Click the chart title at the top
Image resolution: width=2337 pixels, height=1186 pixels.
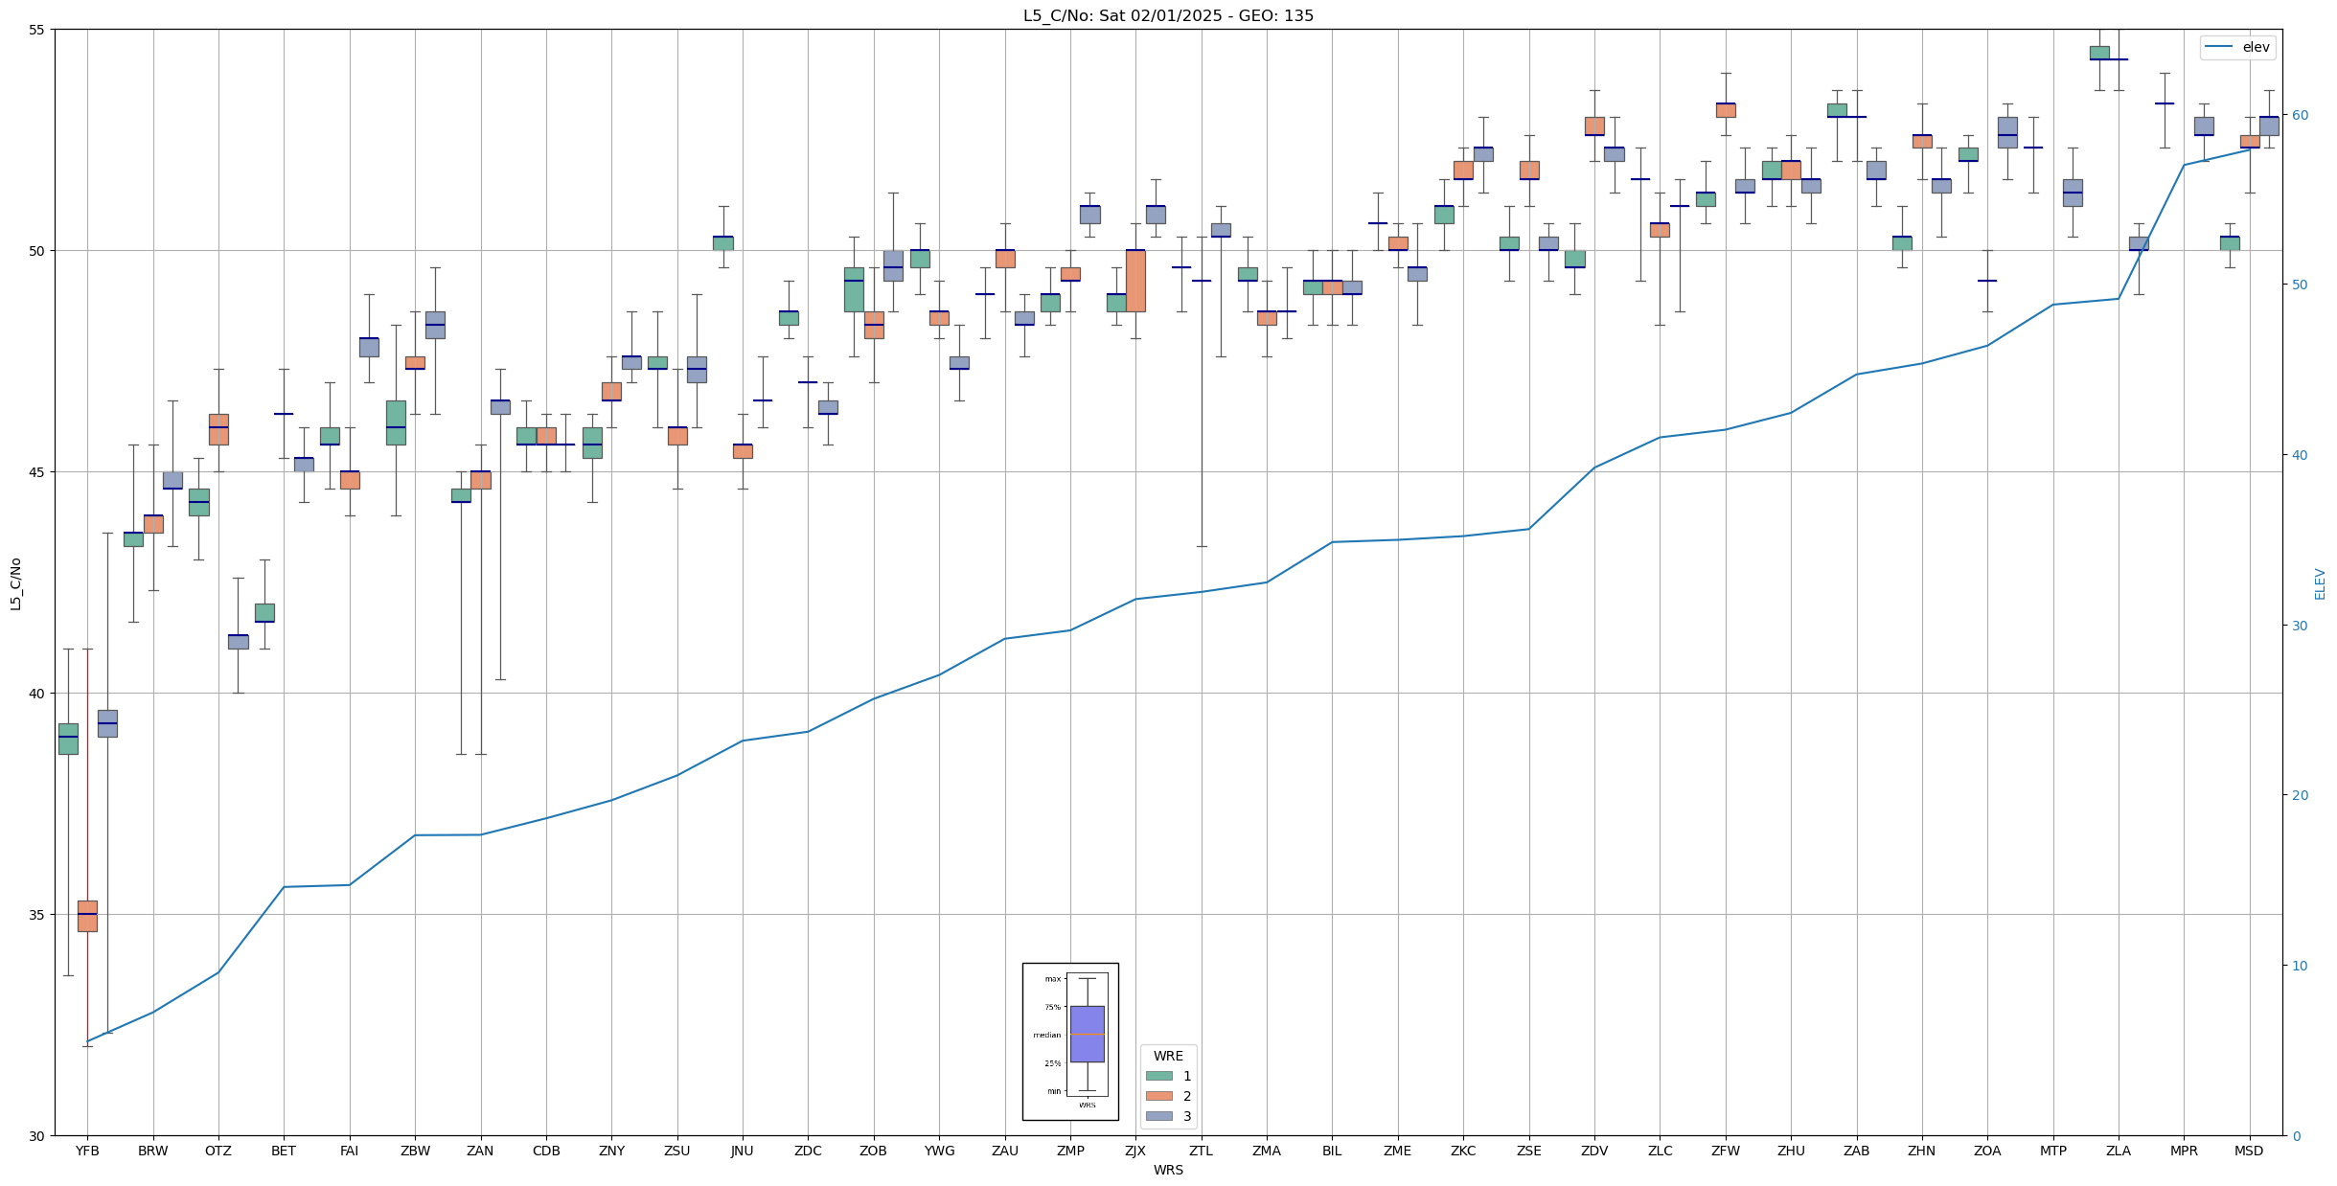(1168, 15)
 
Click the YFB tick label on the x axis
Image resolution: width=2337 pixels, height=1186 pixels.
(87, 1152)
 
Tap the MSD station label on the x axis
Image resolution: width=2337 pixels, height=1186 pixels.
(2249, 1152)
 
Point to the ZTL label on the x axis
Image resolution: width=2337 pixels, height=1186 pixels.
(1201, 1152)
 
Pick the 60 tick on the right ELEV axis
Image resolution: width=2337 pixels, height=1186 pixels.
(2299, 116)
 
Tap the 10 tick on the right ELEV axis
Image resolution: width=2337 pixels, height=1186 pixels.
(2299, 966)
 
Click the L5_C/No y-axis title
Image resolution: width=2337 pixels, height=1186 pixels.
(15, 583)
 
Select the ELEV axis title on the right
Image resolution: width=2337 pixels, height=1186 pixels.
(2320, 583)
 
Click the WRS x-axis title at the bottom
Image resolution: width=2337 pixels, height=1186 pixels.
(1168, 1171)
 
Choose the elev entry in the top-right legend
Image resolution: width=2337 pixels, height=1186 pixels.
(2256, 47)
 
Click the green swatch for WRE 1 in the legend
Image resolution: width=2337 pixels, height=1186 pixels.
(1159, 1076)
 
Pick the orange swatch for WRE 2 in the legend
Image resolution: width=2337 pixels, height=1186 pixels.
(1159, 1096)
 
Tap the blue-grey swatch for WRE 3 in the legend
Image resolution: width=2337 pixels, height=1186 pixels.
(1159, 1116)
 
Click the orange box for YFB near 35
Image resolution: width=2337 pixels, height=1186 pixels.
(87, 916)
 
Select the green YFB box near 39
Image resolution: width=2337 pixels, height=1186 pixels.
(68, 739)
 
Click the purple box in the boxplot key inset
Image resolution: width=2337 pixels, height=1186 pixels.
(1087, 1034)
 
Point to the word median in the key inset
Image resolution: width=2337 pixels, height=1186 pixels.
(1046, 1035)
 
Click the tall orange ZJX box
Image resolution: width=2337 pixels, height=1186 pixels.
(1135, 281)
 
